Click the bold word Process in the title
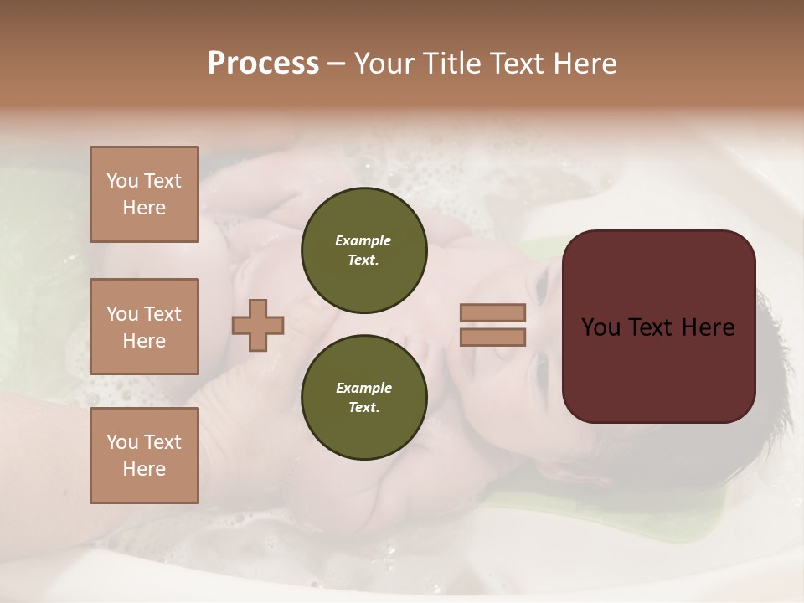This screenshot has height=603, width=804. [263, 63]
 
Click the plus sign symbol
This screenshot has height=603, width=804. [258, 326]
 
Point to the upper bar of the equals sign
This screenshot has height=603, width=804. [493, 313]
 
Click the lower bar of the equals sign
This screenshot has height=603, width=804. [493, 338]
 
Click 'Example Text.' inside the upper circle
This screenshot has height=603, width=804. [363, 250]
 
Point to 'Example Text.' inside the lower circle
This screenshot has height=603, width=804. [363, 398]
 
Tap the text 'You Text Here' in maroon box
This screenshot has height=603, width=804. [658, 327]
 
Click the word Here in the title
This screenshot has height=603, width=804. [584, 63]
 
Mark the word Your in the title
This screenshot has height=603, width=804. [383, 63]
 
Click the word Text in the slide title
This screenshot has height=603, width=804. [515, 63]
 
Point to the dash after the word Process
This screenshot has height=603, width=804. [337, 64]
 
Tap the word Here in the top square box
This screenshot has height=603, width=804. [144, 208]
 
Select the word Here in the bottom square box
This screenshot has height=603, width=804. [144, 469]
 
